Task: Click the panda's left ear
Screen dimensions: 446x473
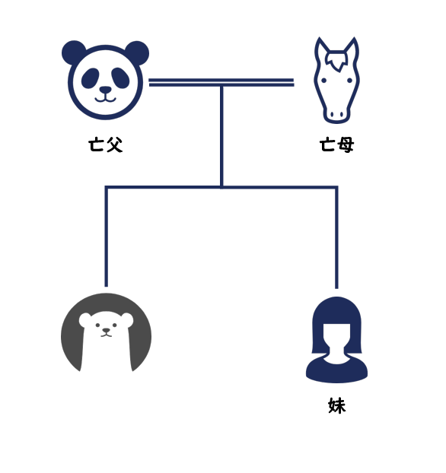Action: (73, 51)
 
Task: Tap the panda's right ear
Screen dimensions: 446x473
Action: (138, 52)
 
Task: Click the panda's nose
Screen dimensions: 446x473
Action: (105, 90)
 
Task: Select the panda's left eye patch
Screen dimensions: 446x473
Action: (90, 78)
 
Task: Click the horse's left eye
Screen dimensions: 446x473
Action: (323, 81)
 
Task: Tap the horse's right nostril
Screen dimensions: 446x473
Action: (342, 115)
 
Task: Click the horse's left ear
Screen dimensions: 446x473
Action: (321, 48)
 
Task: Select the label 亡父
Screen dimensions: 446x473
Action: (105, 144)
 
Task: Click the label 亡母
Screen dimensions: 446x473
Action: (336, 144)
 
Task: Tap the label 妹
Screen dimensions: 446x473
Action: (336, 405)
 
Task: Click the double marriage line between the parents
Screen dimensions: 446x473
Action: (221, 82)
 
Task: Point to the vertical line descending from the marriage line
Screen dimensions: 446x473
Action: (221, 137)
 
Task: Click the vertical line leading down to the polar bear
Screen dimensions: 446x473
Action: (107, 236)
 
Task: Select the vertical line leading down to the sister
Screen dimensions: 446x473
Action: (336, 238)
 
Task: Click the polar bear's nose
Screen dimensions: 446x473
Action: (106, 331)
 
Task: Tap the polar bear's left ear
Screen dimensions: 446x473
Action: (84, 319)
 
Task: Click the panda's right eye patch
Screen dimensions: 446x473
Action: (120, 78)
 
